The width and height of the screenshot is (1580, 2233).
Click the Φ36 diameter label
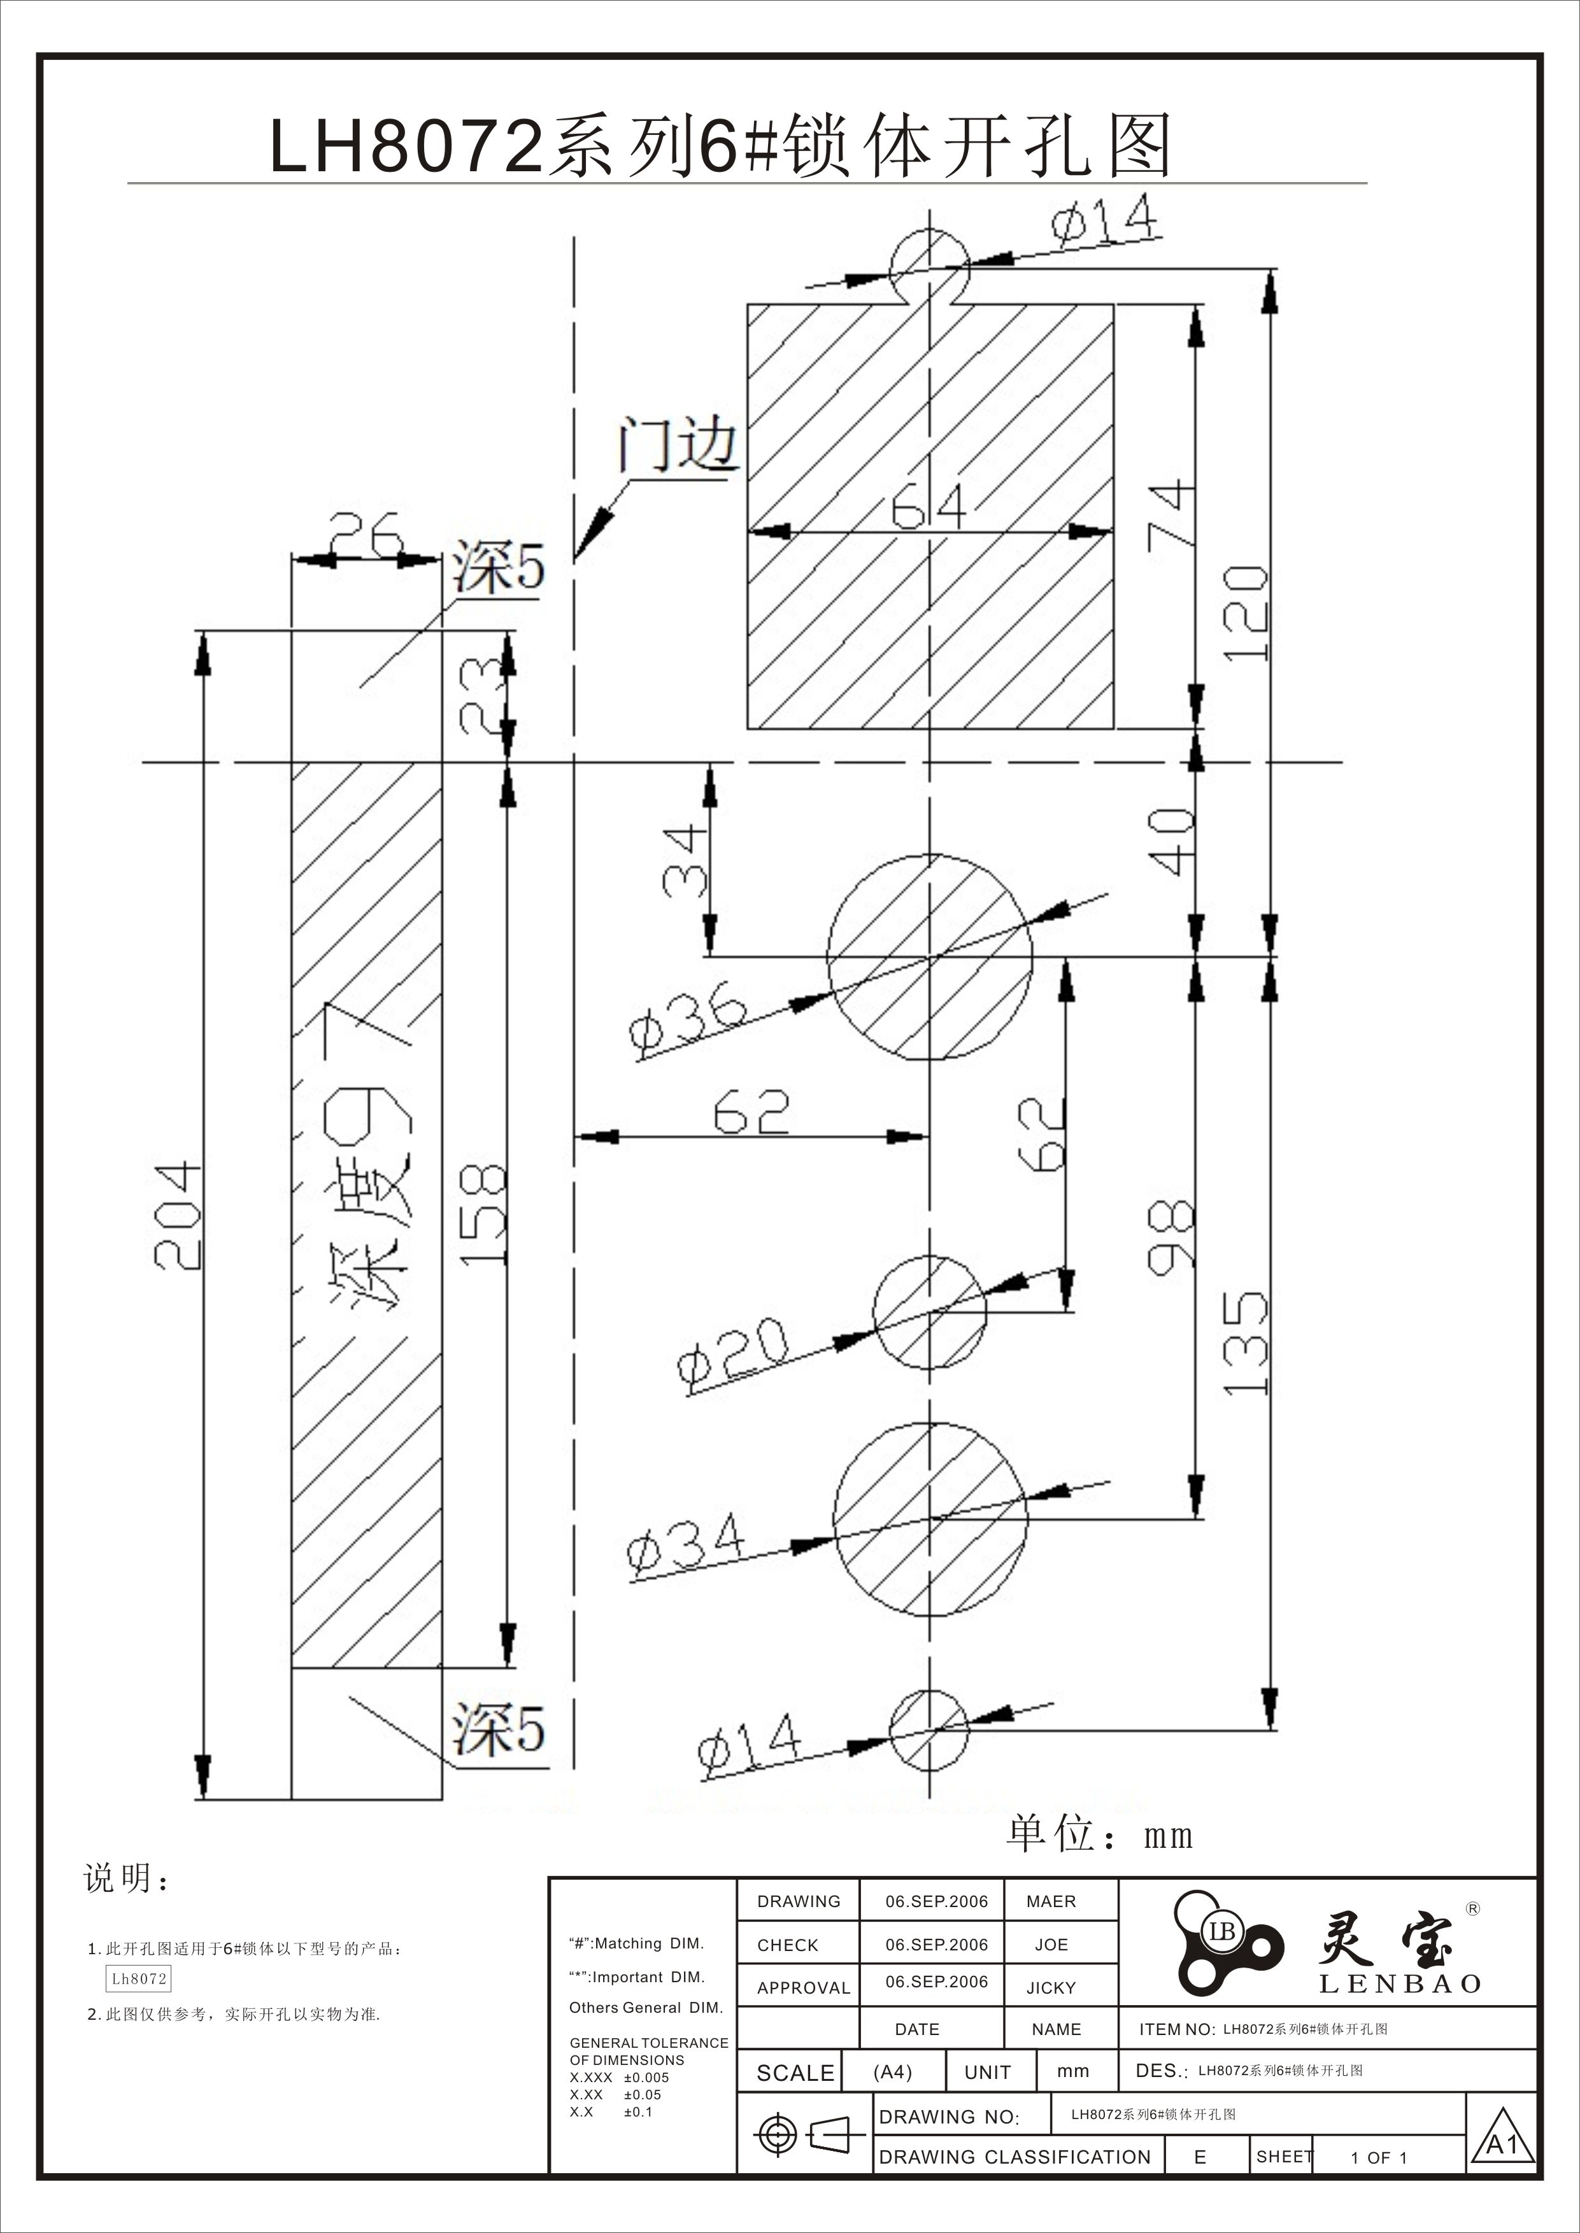(688, 1025)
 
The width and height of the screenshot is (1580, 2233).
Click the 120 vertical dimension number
(1244, 614)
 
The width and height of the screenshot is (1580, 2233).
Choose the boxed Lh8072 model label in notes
(139, 1978)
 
